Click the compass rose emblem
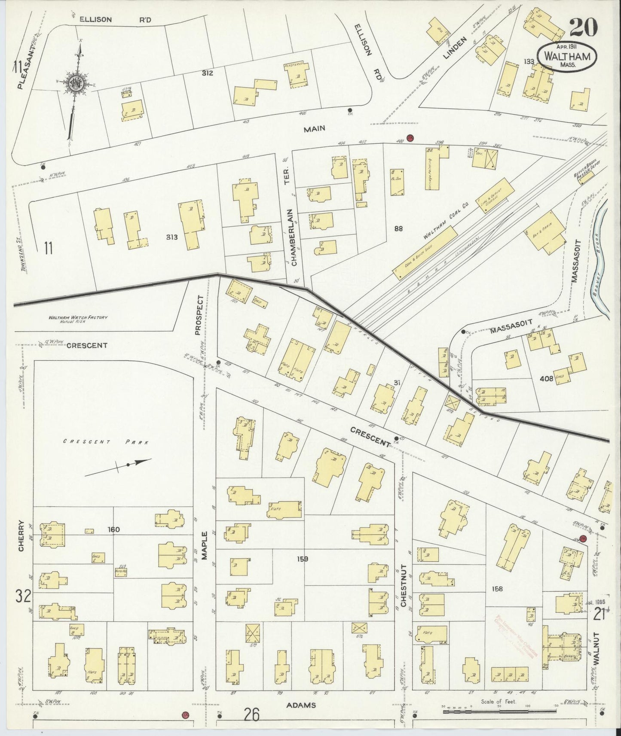tap(74, 84)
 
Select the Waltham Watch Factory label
tap(77, 319)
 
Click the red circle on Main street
tap(410, 138)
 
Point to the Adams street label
tap(301, 705)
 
